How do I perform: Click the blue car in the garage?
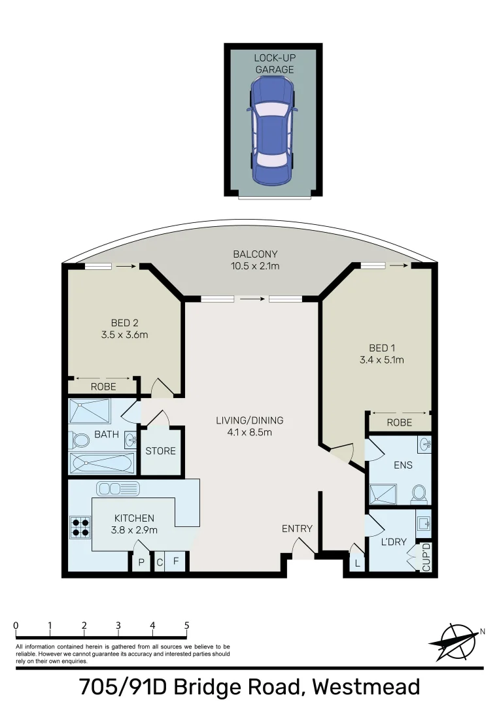tap(272, 131)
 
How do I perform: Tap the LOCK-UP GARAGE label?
tap(274, 63)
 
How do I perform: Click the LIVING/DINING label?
tap(250, 420)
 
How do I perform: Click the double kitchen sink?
tap(118, 488)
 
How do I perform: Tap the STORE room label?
tap(160, 451)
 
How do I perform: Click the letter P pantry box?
tap(141, 562)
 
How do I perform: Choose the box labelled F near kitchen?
tap(175, 562)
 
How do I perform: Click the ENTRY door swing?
tap(302, 549)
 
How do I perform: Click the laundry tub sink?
tap(423, 524)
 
